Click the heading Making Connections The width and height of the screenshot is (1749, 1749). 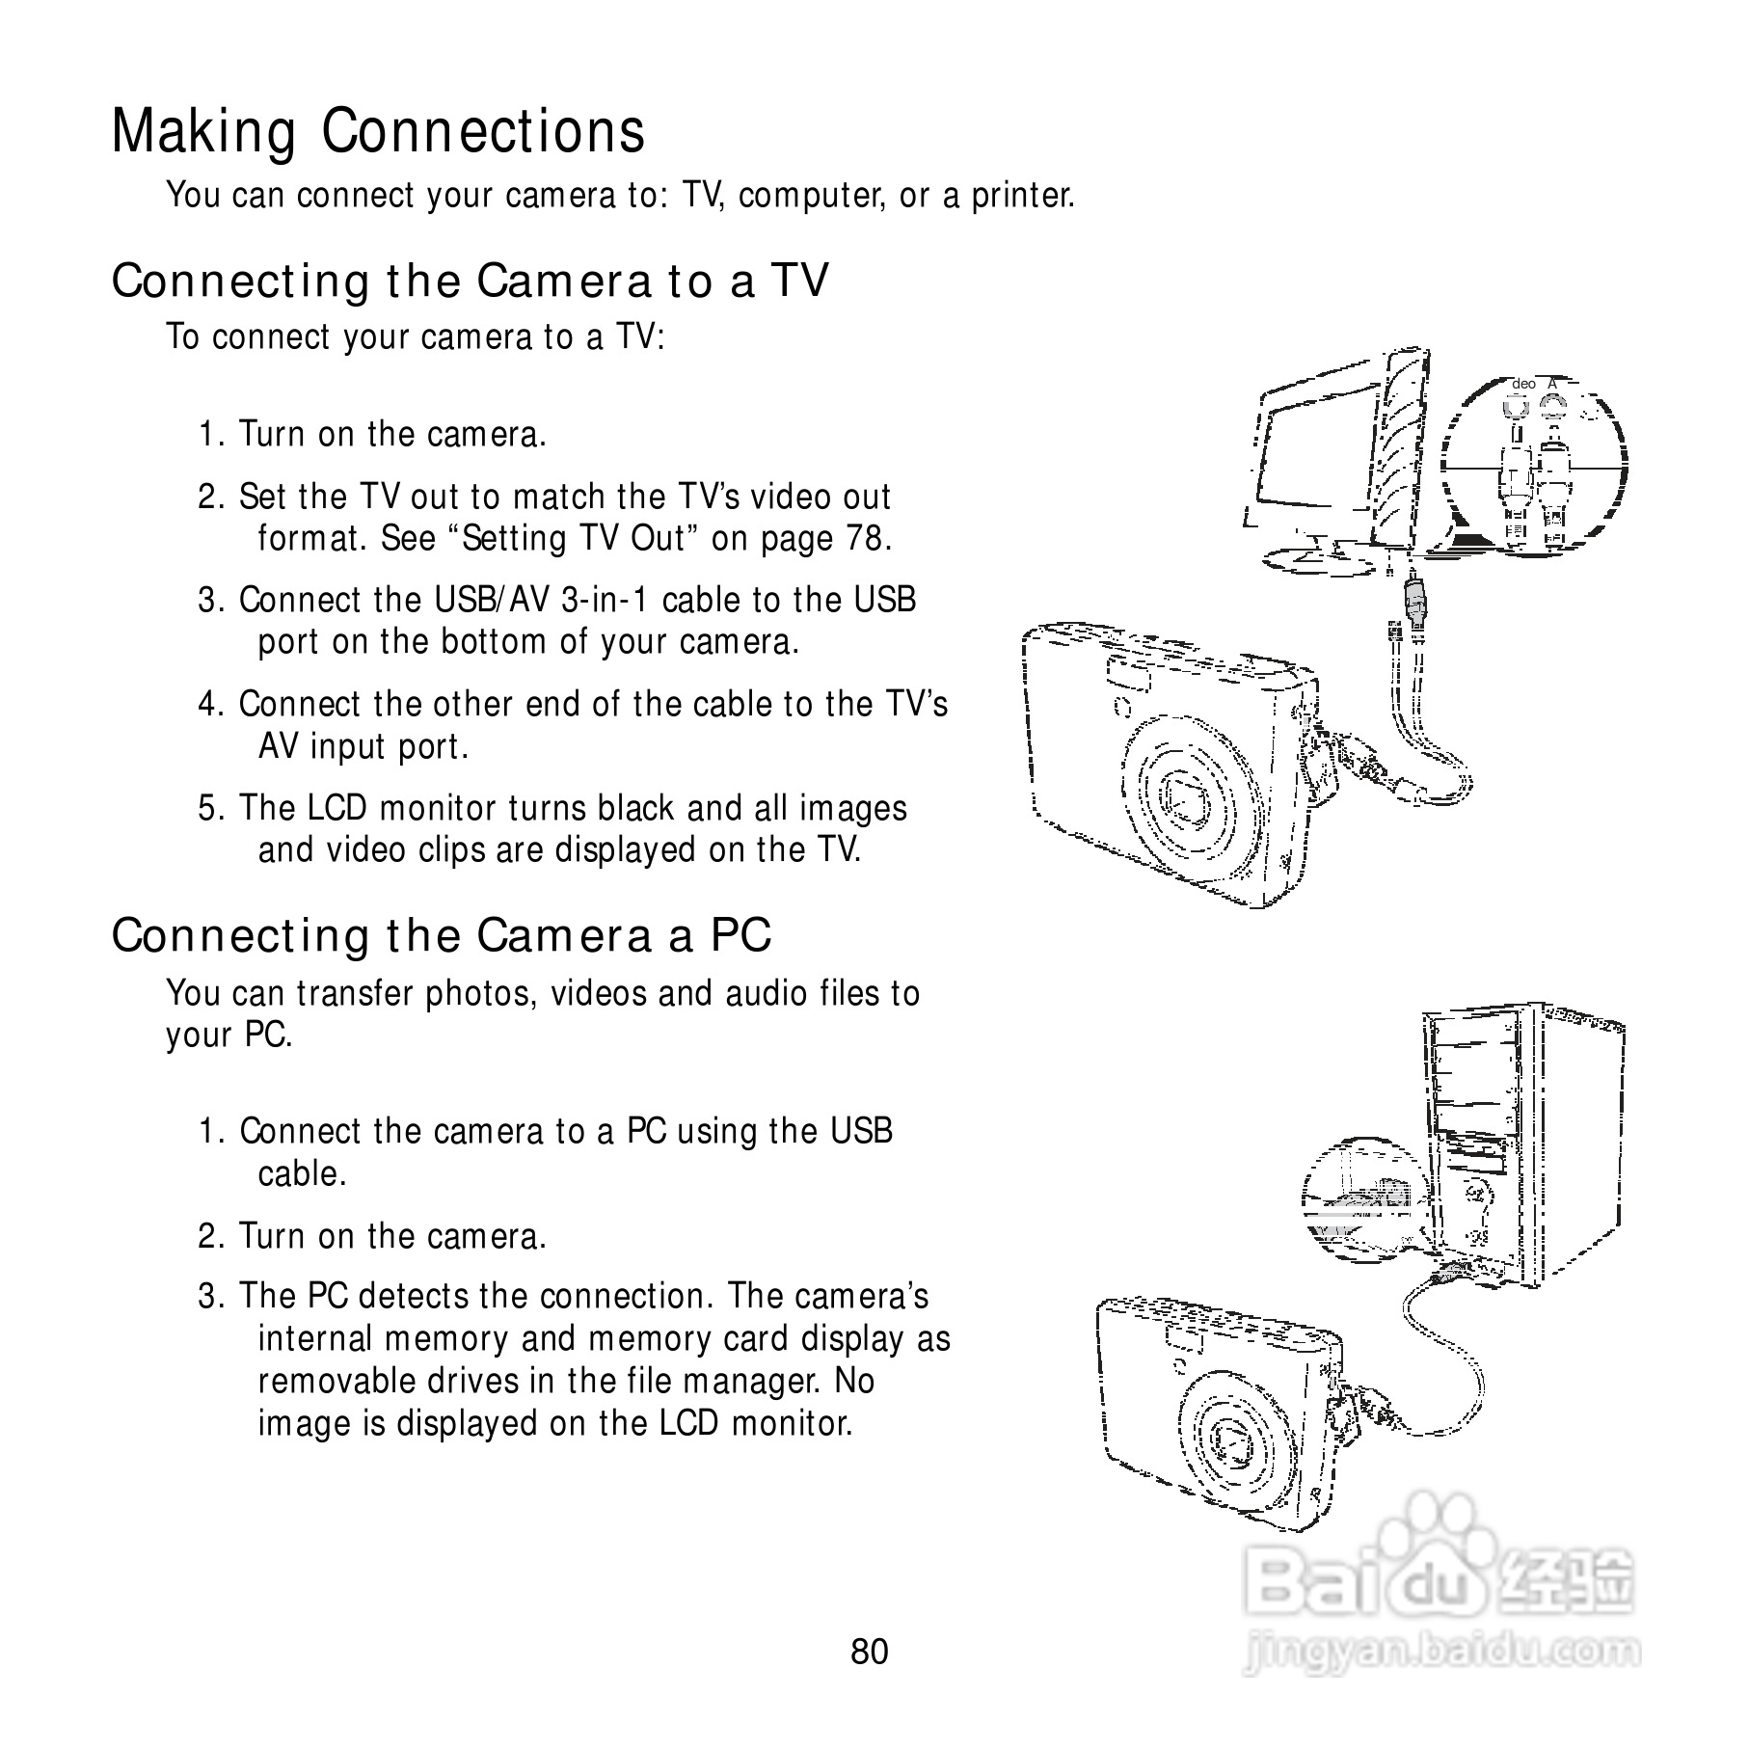(378, 131)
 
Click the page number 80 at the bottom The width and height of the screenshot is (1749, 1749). (870, 1652)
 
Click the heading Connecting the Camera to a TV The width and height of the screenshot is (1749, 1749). (470, 282)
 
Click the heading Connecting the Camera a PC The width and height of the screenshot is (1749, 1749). (442, 935)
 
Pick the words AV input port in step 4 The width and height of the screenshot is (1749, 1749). (363, 746)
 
